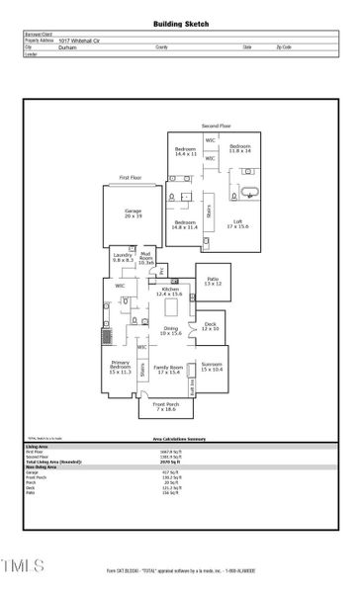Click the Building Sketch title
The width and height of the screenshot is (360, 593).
[181, 23]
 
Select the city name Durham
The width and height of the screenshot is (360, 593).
[67, 46]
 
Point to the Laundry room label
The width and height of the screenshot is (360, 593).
[123, 257]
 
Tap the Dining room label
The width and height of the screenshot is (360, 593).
[171, 330]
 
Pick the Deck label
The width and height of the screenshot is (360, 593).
[210, 326]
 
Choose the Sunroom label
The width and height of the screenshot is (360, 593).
[212, 367]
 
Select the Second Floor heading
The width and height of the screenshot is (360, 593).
[217, 127]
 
